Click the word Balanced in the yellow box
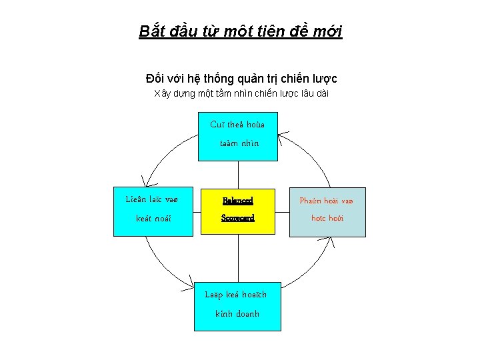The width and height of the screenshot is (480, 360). coord(238,200)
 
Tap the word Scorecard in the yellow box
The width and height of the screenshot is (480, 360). coord(238,218)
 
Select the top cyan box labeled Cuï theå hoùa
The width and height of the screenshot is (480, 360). coord(238,136)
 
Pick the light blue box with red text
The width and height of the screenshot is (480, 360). coord(327,211)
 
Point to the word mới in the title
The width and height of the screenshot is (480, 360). coord(325,31)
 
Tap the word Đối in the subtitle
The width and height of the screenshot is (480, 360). coord(155,79)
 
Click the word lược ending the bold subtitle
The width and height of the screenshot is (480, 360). coord(323,79)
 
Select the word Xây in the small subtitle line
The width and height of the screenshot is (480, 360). coord(163,93)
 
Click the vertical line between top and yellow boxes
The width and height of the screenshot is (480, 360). coord(238,174)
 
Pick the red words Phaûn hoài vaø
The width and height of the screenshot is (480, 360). coord(327,201)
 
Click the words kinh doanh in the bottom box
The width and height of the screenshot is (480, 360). coord(237,314)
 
